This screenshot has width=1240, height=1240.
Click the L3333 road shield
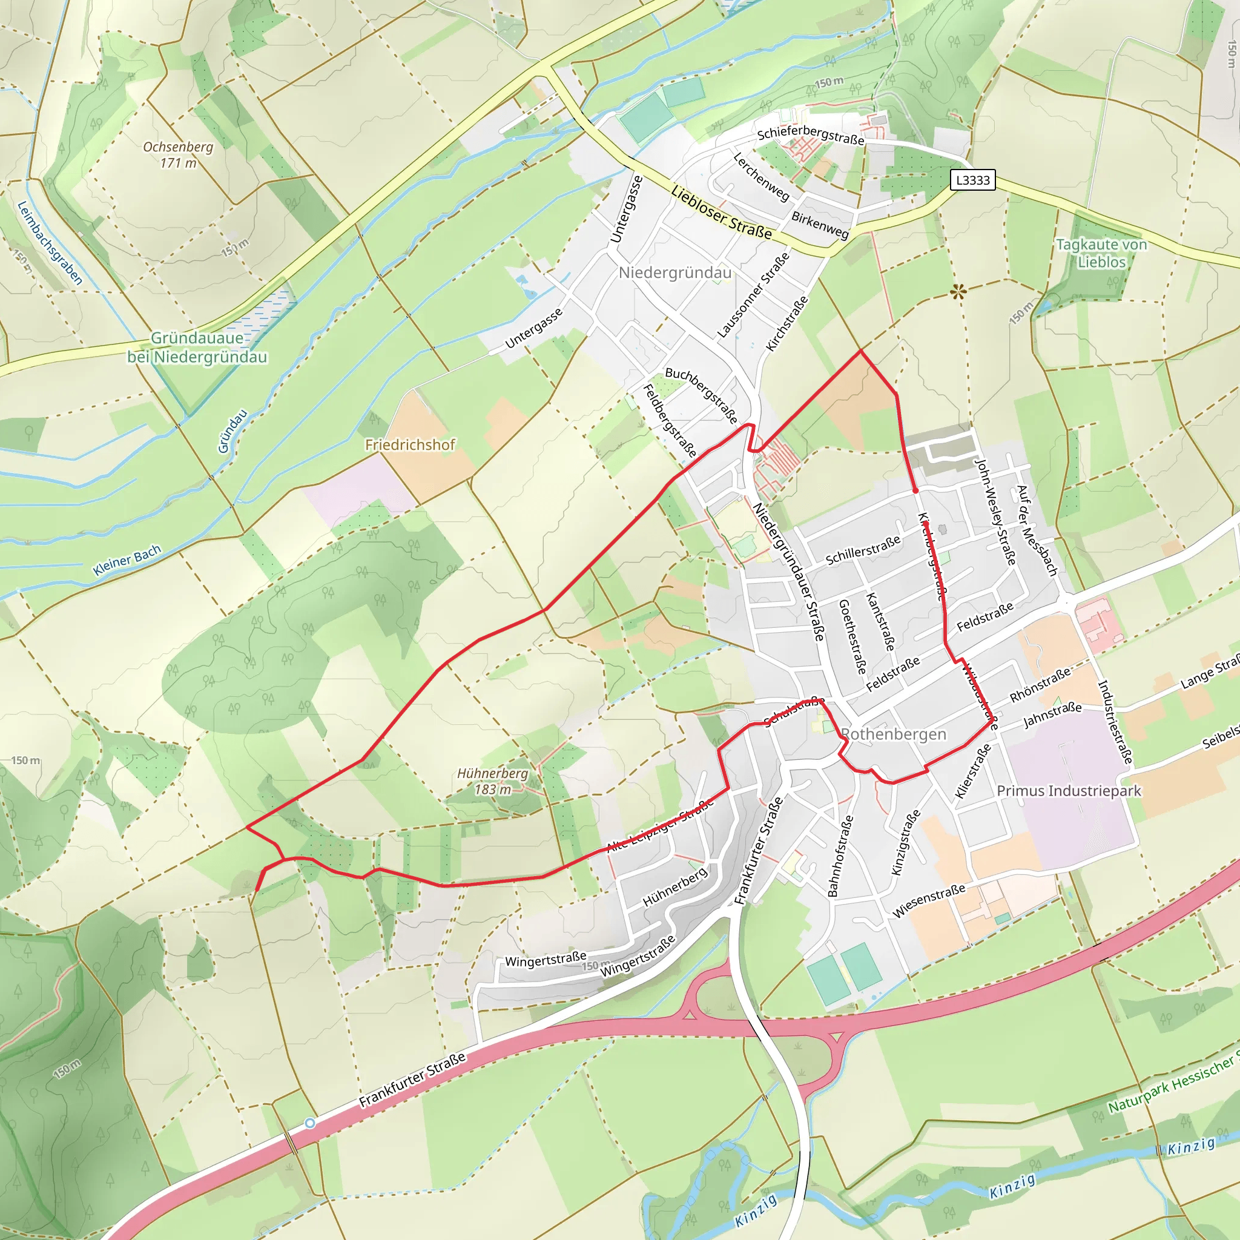click(972, 180)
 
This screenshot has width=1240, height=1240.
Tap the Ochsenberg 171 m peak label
click(178, 154)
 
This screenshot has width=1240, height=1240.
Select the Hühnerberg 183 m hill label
click(492, 781)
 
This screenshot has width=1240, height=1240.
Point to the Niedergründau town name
click(674, 273)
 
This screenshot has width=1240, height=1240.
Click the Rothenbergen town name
click(894, 734)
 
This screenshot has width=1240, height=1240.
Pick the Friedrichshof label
click(410, 445)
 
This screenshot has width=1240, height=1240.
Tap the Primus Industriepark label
click(1069, 791)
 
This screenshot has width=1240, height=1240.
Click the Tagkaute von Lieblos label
click(1101, 253)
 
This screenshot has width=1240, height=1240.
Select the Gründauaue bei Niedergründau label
click(197, 347)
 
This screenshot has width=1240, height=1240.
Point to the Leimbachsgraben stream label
click(50, 243)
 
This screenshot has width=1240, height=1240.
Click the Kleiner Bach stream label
click(127, 560)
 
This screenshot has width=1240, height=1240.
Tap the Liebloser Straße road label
click(721, 213)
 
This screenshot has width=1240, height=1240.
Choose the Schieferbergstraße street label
click(811, 135)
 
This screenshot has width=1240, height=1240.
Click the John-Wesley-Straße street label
click(995, 511)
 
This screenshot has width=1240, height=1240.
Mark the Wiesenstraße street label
click(929, 900)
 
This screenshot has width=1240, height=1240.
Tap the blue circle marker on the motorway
click(310, 1123)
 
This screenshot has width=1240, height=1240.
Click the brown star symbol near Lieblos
click(959, 292)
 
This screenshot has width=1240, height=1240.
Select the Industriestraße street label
click(1115, 722)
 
